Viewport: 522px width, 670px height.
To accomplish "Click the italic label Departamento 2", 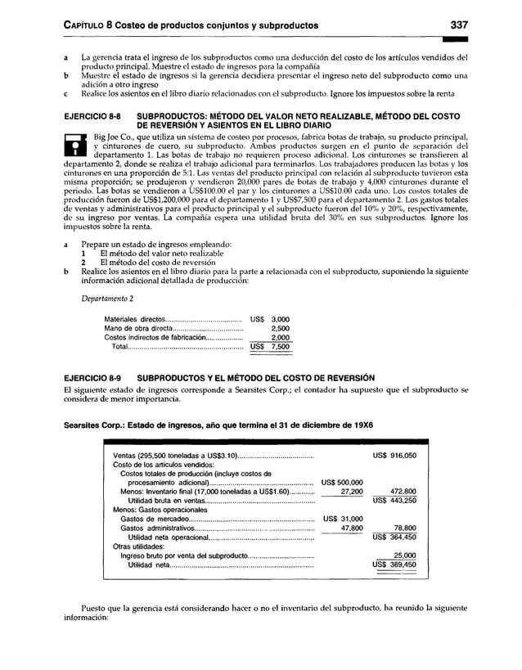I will (109, 298).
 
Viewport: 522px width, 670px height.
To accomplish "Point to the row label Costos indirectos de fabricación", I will (155, 336).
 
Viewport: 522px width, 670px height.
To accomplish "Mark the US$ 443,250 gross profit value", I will (394, 501).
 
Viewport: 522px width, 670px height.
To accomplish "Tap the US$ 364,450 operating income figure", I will (394, 537).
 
